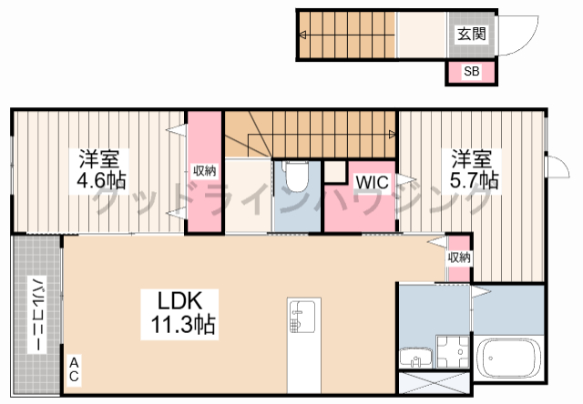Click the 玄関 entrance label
point(472,34)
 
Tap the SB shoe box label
point(472,71)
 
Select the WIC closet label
point(372,182)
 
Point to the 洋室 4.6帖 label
point(99,170)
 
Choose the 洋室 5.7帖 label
point(473,170)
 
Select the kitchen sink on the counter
point(303,316)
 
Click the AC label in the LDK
point(75,369)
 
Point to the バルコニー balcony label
point(37,315)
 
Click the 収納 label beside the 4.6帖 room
point(204,171)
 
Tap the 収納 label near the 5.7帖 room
point(459,258)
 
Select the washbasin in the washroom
point(415,358)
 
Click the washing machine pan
point(453,351)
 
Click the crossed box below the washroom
point(434,382)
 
